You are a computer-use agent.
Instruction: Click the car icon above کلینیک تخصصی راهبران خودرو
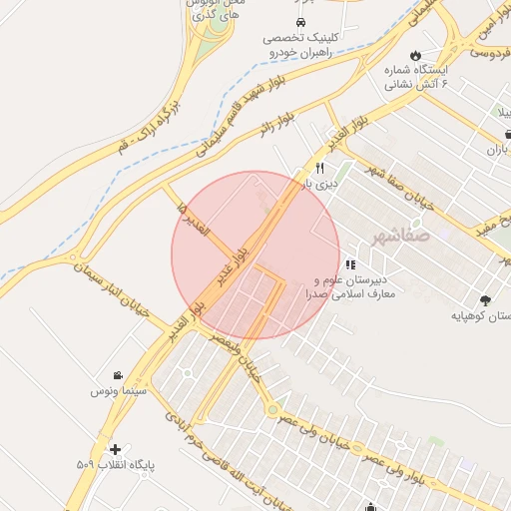pos(299,22)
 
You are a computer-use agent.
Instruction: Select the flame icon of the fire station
pos(416,55)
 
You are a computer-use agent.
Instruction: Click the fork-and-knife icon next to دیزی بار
pos(319,168)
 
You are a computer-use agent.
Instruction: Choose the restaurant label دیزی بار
pos(321,185)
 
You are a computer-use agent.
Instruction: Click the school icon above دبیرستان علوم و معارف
pos(349,265)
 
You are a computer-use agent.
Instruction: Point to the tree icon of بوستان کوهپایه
pos(485,299)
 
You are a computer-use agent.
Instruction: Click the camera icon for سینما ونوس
pos(119,375)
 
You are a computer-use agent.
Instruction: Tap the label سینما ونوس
pos(119,392)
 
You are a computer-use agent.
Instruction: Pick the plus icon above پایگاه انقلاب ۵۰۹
pos(117,450)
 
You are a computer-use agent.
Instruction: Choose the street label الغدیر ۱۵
pos(193,221)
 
